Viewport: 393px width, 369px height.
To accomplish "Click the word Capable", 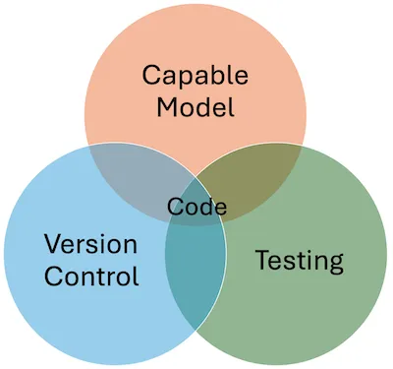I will (196, 76).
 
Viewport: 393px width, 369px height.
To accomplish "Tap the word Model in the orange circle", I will (196, 106).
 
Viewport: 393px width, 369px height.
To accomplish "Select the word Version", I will (90, 243).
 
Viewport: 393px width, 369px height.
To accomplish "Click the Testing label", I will (299, 261).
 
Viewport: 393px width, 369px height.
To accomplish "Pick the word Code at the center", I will (196, 208).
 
